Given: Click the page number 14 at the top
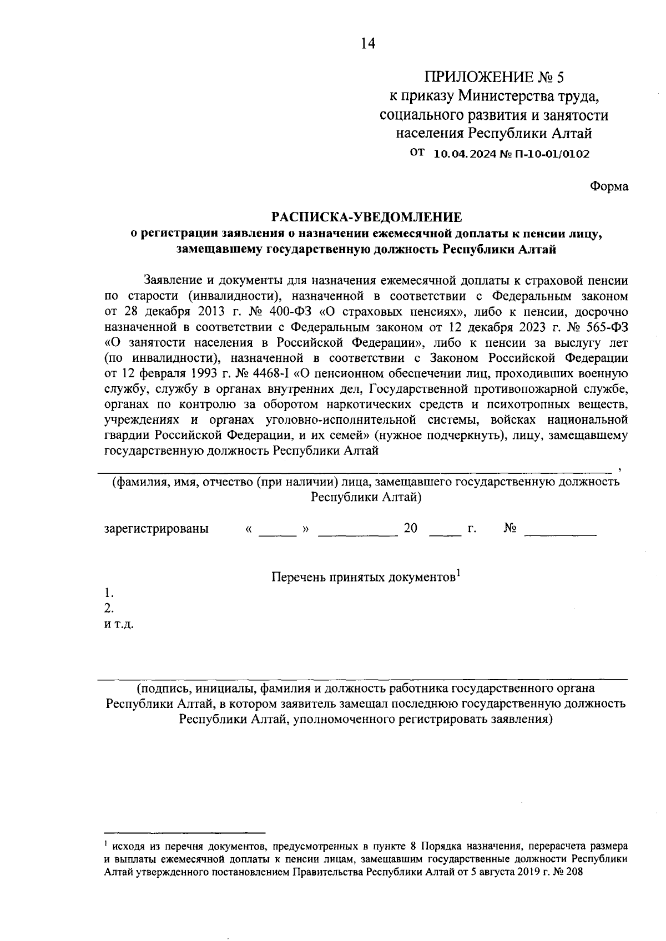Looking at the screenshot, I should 367,43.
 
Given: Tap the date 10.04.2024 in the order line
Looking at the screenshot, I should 463,154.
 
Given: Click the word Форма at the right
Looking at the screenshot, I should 608,186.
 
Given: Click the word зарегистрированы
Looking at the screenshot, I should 157,528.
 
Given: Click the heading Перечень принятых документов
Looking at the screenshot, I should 363,578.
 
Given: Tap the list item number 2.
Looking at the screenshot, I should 109,608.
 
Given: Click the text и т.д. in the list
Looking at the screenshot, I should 119,624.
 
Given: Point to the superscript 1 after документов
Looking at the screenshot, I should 459,573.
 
